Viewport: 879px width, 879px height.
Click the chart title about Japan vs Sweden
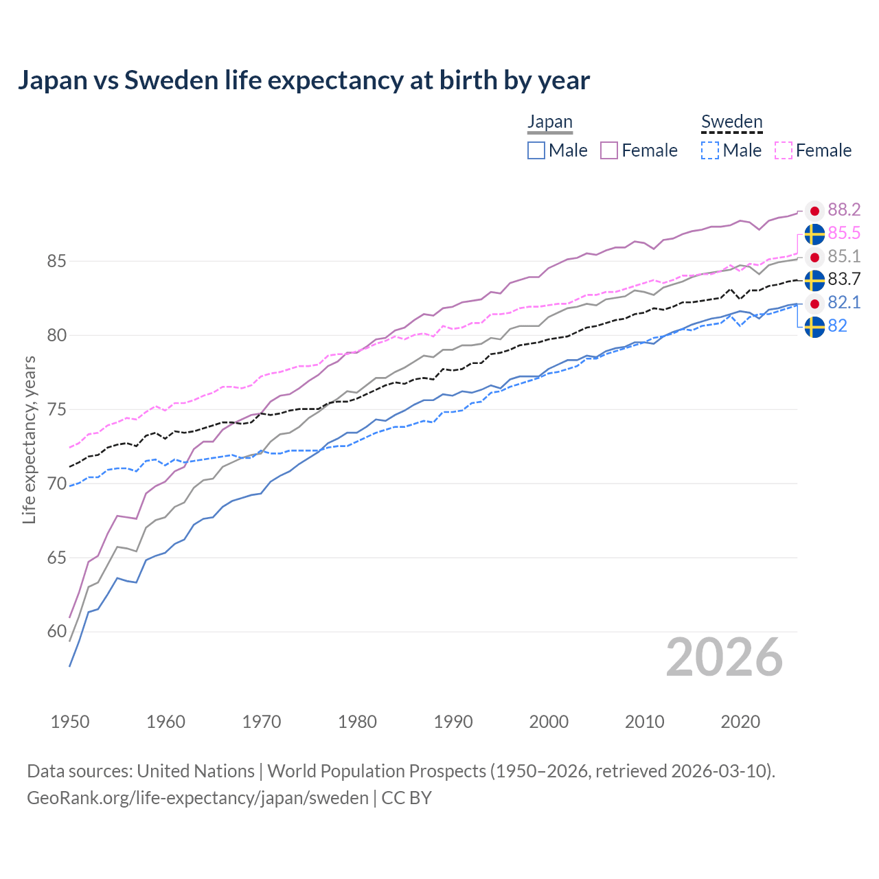tap(304, 80)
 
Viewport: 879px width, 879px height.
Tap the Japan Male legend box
tap(536, 150)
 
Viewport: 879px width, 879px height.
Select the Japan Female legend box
tap(609, 150)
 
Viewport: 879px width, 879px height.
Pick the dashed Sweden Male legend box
tap(710, 150)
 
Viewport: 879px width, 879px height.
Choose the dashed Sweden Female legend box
tap(784, 150)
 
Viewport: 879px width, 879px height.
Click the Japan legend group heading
tap(549, 122)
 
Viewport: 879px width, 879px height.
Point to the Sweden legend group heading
tap(731, 122)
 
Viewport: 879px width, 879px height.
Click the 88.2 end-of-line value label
tap(844, 210)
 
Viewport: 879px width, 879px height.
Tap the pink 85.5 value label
tap(844, 233)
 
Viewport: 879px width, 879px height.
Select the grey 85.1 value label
tap(844, 257)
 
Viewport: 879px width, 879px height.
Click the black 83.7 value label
tap(844, 279)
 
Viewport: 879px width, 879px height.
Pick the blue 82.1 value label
tap(844, 303)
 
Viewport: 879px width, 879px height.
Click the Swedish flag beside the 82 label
tap(814, 328)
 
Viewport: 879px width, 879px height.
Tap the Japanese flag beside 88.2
tap(814, 211)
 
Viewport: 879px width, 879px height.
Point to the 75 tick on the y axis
tap(56, 410)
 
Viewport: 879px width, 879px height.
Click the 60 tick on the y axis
tap(56, 632)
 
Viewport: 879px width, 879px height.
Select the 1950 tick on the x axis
tap(70, 722)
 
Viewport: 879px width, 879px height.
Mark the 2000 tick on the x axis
tap(549, 722)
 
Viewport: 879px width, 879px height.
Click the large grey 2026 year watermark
tap(724, 658)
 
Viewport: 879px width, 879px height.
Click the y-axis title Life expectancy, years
tap(30, 439)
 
